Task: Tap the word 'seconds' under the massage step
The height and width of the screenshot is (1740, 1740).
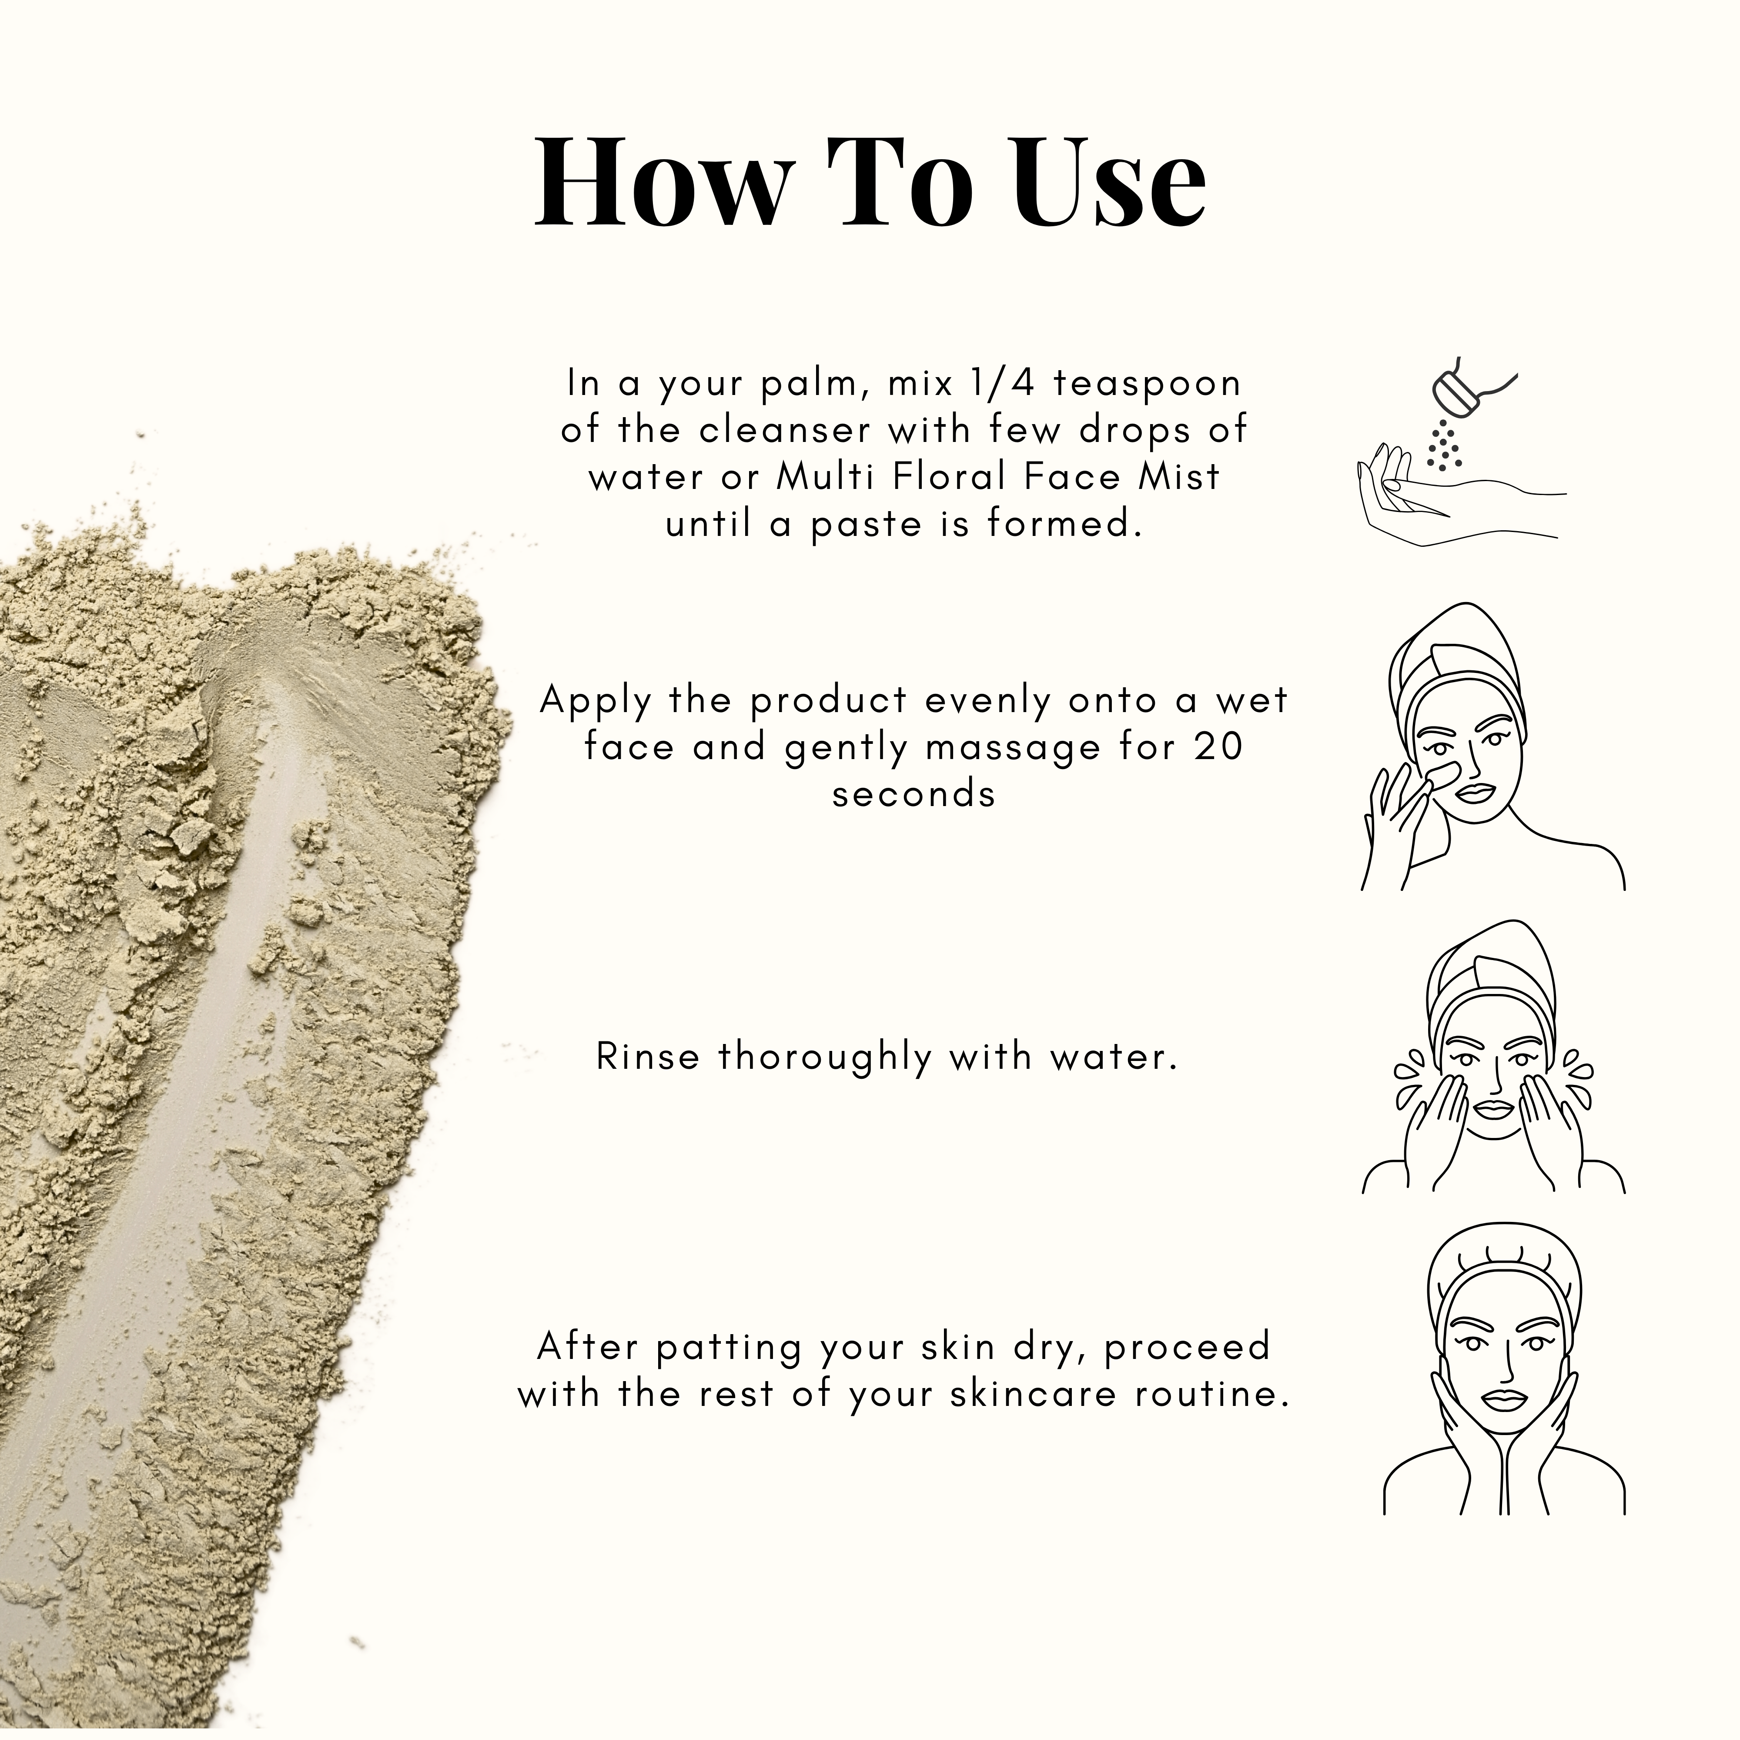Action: pos(914,794)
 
